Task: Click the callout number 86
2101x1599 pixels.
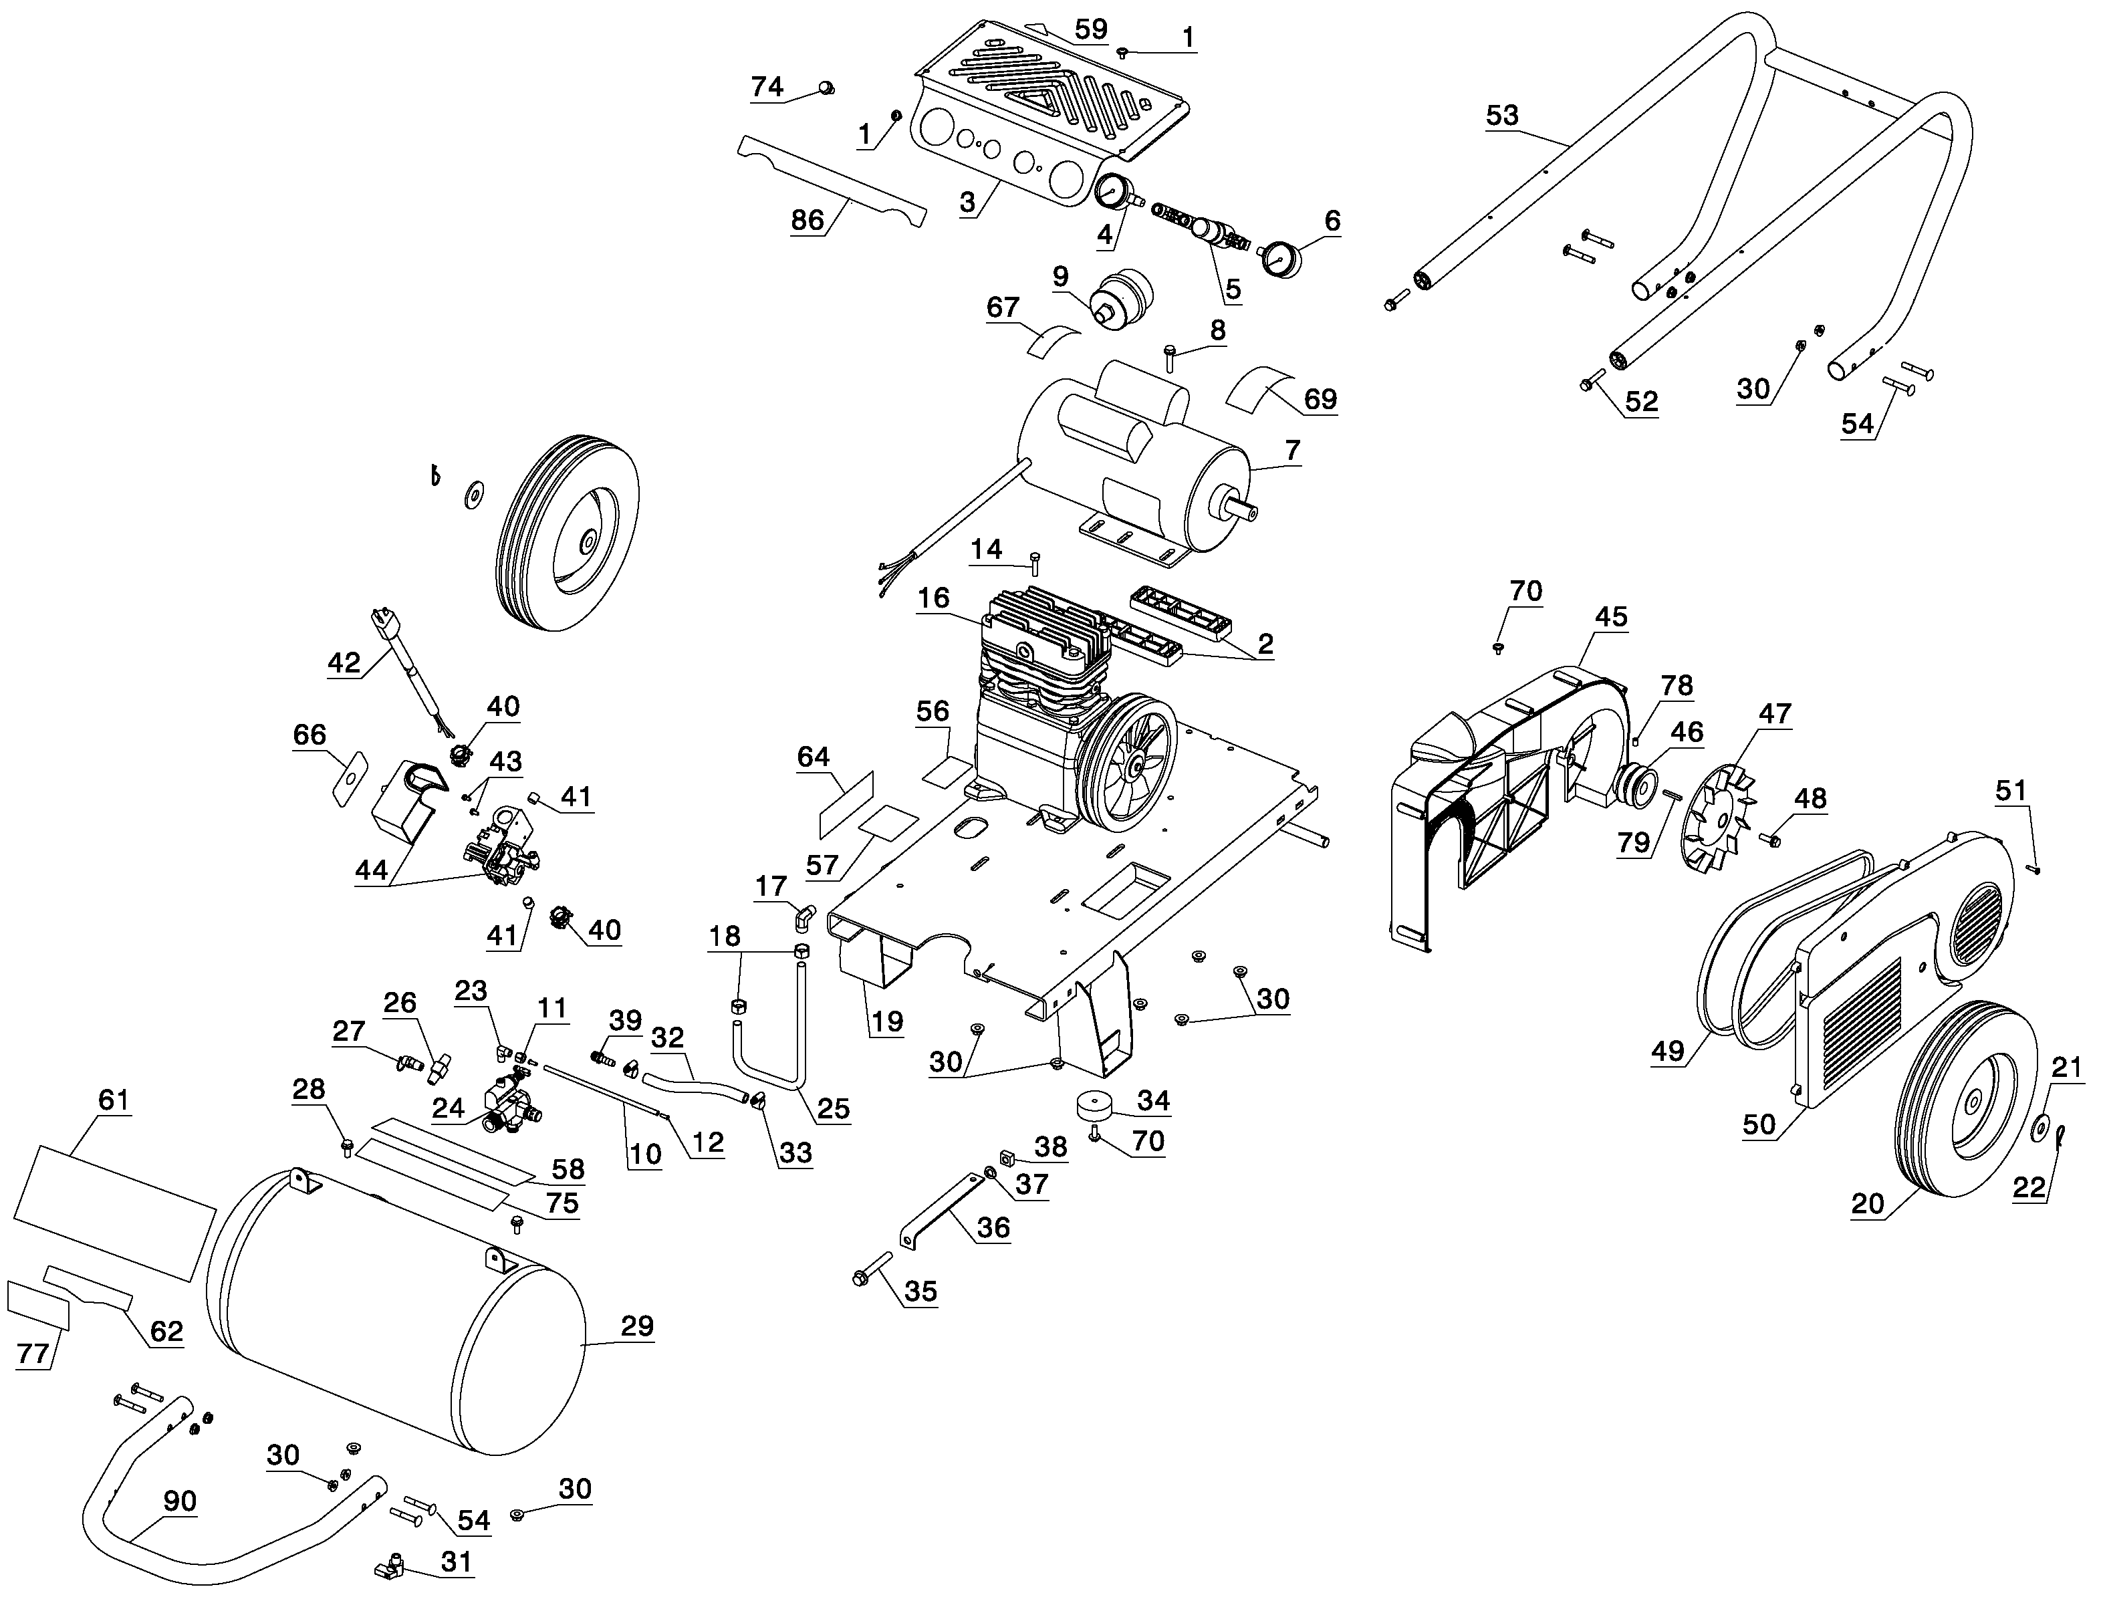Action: (x=807, y=220)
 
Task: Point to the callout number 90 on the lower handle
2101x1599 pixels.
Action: (x=180, y=1501)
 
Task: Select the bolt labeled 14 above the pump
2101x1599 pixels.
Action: (x=1035, y=562)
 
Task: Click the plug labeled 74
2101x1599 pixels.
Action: (x=826, y=90)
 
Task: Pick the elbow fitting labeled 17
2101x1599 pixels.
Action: (x=804, y=918)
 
